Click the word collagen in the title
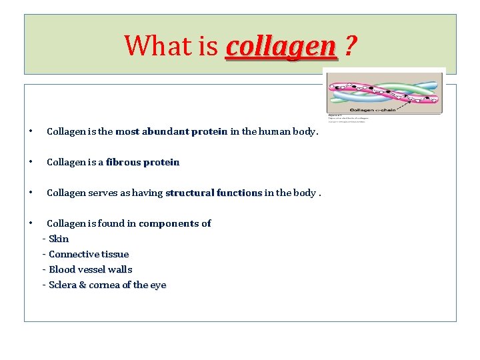281,46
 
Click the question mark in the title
350,46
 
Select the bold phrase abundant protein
185,131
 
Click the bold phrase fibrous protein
143,162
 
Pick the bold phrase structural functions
213,193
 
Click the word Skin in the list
59,239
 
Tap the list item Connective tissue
89,254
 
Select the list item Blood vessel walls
91,269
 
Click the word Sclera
63,285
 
